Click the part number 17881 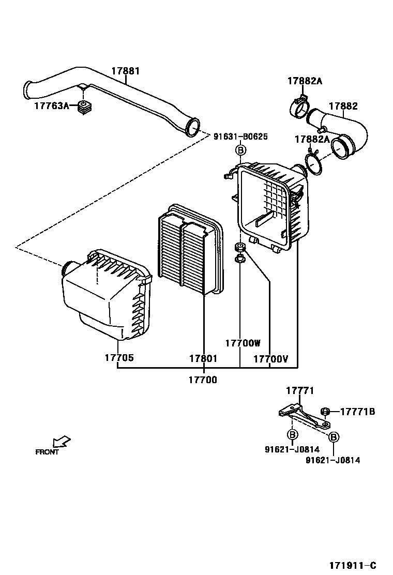tap(126, 71)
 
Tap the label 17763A tap(52, 106)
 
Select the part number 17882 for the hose tap(343, 106)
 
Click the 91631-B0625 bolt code tap(240, 137)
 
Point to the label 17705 tap(119, 357)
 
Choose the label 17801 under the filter tap(203, 358)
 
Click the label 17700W tap(243, 343)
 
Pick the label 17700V tap(271, 359)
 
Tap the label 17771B tap(358, 412)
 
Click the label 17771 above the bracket tap(300, 391)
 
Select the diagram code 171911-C tap(353, 566)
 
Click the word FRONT tap(47, 452)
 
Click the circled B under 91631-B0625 tap(240, 150)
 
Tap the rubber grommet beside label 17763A tap(86, 107)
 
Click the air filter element tap(191, 249)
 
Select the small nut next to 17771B tap(324, 412)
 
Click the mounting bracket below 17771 tap(304, 417)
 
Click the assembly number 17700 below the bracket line tap(203, 380)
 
